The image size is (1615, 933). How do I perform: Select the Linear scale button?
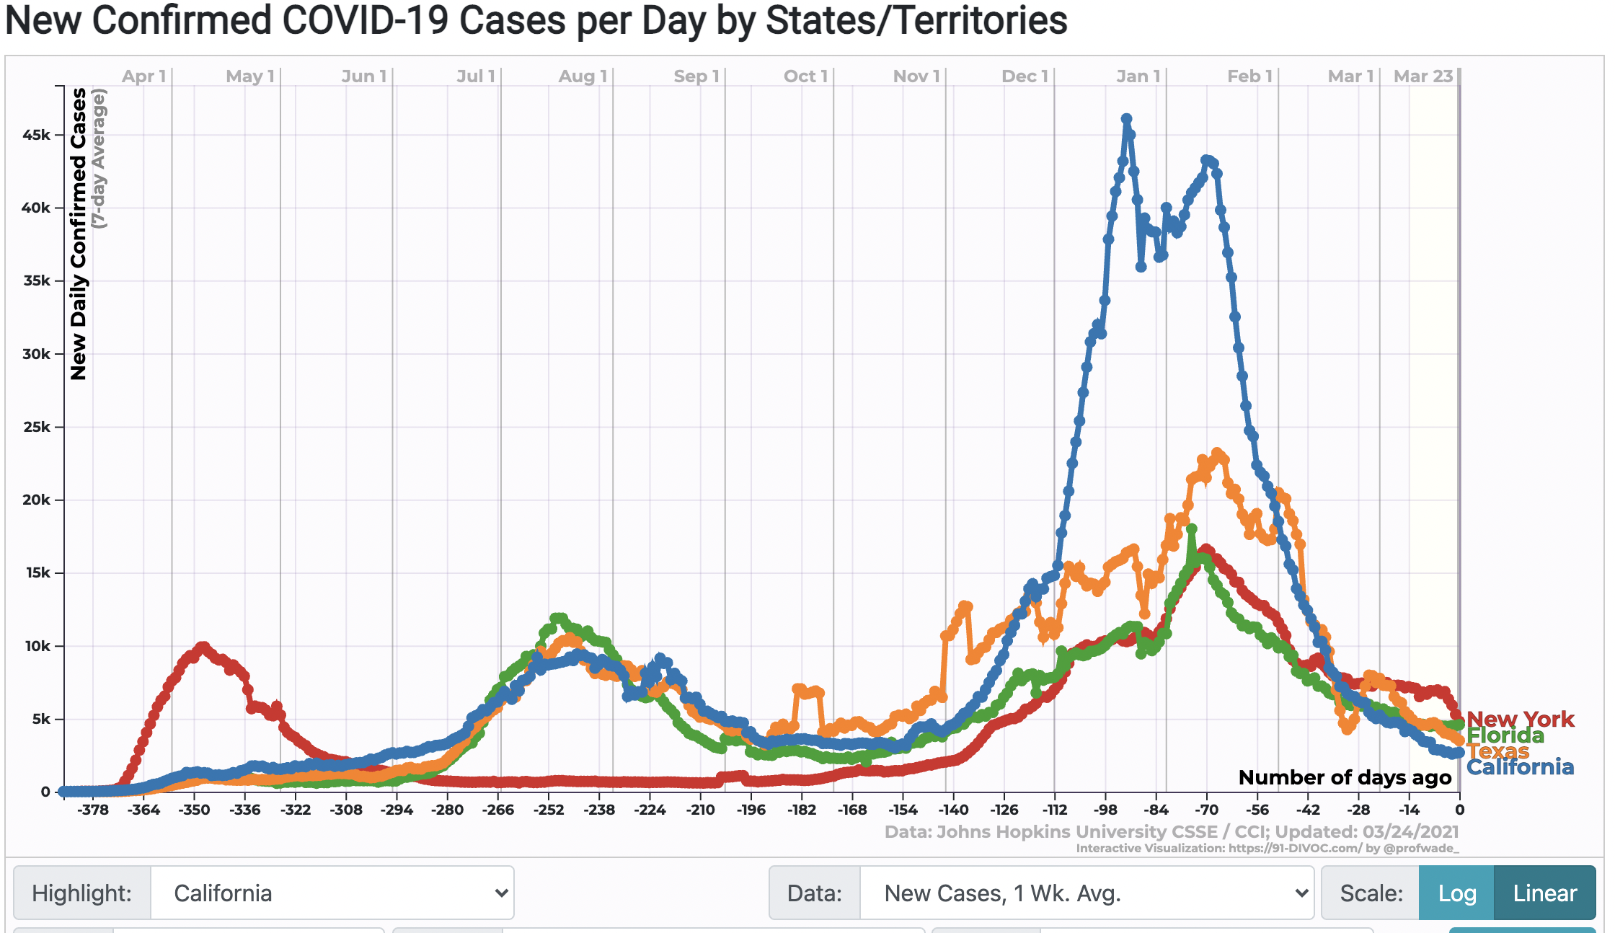pos(1544,893)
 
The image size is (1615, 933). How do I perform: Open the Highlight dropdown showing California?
pos(332,893)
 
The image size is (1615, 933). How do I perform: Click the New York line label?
pos(1520,719)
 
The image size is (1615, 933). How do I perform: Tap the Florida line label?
pos(1505,735)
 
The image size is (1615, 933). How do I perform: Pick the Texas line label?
pos(1497,751)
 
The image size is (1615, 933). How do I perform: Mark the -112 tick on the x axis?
pos(1054,810)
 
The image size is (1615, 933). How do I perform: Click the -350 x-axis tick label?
pos(194,810)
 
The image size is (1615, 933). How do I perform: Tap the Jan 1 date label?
pos(1138,76)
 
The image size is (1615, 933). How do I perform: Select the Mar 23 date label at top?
pos(1422,76)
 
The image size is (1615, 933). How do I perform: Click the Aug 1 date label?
pos(583,76)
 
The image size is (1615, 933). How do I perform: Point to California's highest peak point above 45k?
pos(1126,119)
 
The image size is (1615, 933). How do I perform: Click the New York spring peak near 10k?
pos(203,647)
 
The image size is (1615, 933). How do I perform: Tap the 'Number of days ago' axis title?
pos(1345,777)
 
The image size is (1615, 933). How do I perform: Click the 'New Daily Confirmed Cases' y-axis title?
pos(78,234)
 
